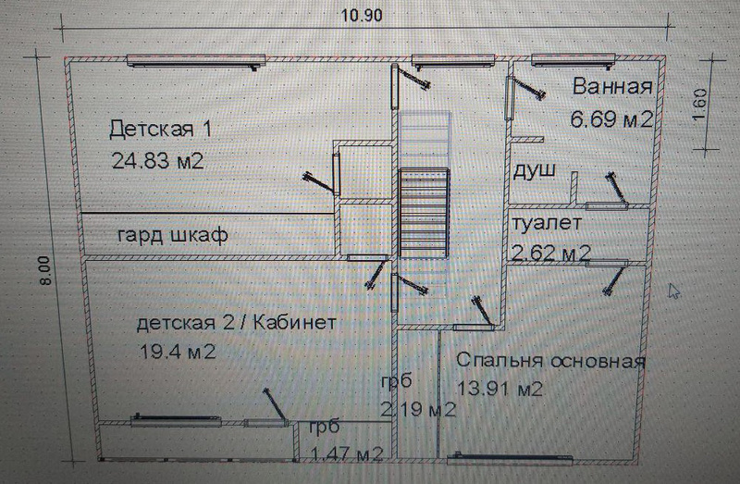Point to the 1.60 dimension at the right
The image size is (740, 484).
pos(700,105)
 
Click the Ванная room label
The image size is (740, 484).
pos(612,88)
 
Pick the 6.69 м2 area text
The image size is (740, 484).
pos(612,118)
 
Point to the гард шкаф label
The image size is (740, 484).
pos(171,235)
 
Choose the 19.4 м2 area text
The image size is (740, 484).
pos(176,352)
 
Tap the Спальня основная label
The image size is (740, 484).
pos(550,360)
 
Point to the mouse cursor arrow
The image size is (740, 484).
pos(675,292)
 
